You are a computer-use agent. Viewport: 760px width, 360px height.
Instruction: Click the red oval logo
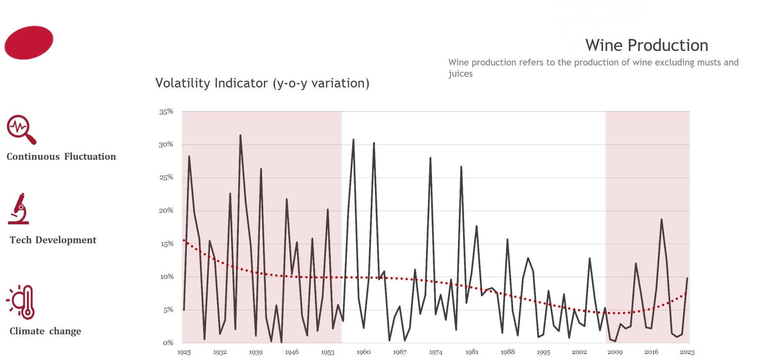tap(29, 43)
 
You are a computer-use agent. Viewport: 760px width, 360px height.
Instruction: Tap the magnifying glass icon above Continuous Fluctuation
tap(21, 129)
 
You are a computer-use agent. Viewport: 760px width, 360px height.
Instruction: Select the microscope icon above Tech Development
tap(19, 209)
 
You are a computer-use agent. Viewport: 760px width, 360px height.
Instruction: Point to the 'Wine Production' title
tap(646, 45)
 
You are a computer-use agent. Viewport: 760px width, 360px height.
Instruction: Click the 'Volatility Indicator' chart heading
tap(262, 83)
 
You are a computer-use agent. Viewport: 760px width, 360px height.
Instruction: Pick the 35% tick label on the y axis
tap(166, 112)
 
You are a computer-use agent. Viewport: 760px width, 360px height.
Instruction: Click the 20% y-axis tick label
tap(166, 210)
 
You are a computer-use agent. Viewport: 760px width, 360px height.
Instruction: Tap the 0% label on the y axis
tap(168, 343)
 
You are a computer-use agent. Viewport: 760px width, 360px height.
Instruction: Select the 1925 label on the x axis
tap(184, 352)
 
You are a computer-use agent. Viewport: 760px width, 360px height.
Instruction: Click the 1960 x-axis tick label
tap(363, 352)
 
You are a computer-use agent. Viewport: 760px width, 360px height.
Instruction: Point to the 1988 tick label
tap(507, 352)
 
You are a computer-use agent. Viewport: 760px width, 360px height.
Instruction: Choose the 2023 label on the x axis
tap(687, 352)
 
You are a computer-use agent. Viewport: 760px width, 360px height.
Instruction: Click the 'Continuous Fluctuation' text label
tap(61, 157)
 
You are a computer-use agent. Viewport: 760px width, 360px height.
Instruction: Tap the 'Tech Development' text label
tap(53, 240)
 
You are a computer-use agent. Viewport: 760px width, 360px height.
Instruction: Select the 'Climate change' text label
tap(45, 331)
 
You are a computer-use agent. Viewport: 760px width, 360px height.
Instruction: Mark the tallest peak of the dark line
tap(240, 136)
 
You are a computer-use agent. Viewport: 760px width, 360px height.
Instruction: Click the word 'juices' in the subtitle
tap(460, 74)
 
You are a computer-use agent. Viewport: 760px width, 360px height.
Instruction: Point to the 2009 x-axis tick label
tap(615, 352)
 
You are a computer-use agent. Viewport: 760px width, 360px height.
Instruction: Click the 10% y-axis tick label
tap(167, 277)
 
